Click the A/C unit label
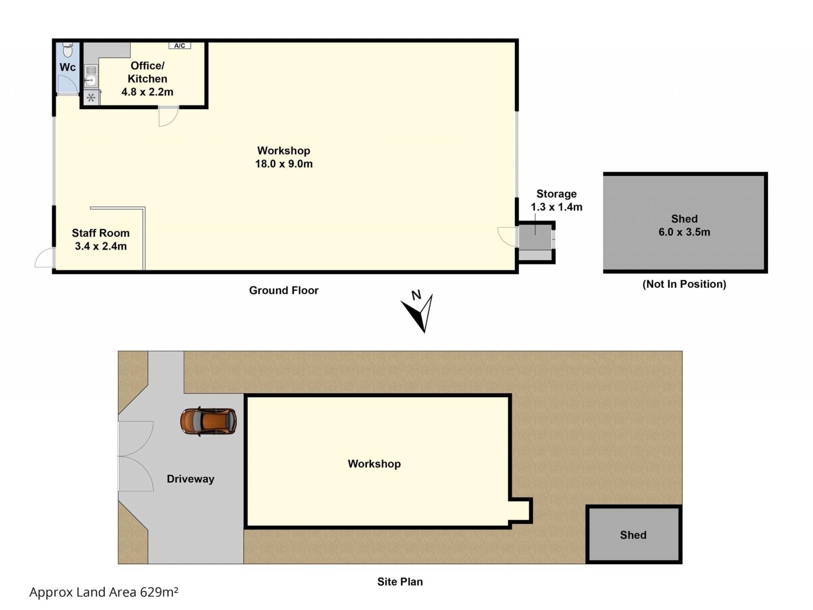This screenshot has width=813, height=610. point(180,45)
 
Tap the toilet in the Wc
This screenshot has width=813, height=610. point(68,50)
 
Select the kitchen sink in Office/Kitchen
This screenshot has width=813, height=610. point(91,76)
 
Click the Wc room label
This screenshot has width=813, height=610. point(68,67)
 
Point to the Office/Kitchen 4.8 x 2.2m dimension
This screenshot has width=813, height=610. point(147,92)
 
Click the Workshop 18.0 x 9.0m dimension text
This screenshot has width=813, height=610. point(284,164)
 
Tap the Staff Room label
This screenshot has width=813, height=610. point(101,233)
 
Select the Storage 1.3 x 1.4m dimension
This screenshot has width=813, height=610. point(557,207)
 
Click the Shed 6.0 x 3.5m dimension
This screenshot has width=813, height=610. point(684,232)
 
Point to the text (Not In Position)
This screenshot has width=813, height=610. point(684,284)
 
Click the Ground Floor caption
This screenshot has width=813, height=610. point(284,290)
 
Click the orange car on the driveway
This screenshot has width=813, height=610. point(208,421)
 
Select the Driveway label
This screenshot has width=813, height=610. point(191,479)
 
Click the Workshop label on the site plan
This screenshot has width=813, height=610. point(374,464)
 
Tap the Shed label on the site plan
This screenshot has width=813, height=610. point(633,535)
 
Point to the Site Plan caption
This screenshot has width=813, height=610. point(400,582)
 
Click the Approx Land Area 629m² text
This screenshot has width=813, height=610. point(104,592)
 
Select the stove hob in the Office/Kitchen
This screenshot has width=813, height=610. point(91,98)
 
